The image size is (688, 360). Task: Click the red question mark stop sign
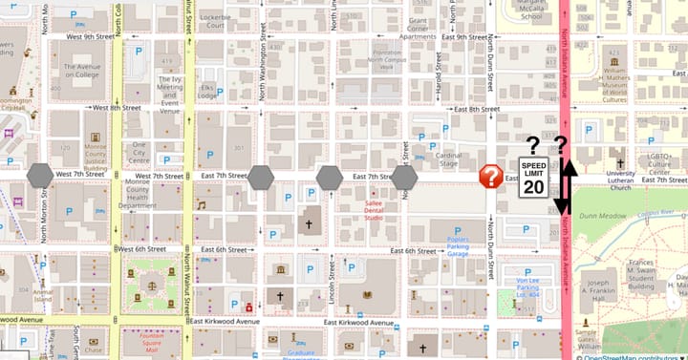(491, 176)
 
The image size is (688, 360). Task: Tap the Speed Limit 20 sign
(533, 179)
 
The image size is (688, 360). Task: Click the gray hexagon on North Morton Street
(40, 176)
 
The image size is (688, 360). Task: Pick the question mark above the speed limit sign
(532, 145)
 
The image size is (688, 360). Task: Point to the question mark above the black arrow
(562, 145)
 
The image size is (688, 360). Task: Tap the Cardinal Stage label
(448, 159)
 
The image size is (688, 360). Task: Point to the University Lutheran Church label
(620, 180)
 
